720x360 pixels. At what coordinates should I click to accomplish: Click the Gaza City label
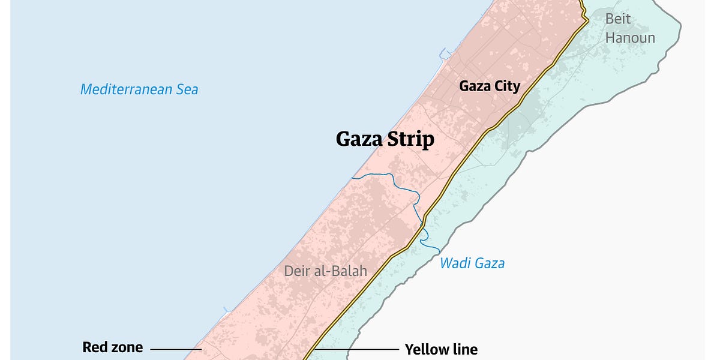(490, 86)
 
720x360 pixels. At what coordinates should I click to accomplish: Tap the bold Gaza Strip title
(385, 139)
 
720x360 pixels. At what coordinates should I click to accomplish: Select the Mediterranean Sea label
(139, 90)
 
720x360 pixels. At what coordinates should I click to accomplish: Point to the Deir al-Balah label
(325, 271)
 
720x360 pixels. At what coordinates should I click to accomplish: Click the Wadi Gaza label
(472, 263)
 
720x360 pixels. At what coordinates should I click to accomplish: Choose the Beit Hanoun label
(629, 28)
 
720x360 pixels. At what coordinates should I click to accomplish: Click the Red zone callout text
(112, 347)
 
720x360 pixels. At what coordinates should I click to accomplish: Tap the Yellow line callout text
(441, 349)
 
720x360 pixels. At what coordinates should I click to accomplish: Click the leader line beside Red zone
(175, 348)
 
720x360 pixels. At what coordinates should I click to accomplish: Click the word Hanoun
(630, 38)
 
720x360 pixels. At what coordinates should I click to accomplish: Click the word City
(507, 86)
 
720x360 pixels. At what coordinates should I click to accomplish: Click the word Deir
(296, 271)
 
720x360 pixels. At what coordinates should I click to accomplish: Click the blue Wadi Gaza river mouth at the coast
(353, 177)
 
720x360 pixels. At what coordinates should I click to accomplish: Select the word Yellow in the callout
(425, 349)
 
